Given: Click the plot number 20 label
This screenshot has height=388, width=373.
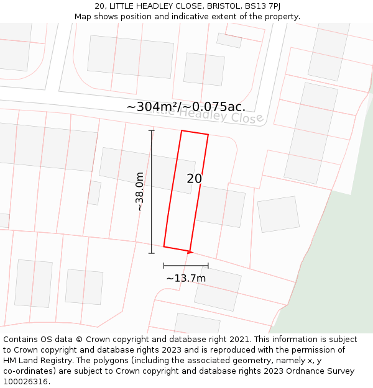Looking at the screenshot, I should [194, 179].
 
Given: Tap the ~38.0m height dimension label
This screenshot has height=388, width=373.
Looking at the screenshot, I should [140, 192].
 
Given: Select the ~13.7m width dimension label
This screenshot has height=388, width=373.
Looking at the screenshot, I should [186, 278].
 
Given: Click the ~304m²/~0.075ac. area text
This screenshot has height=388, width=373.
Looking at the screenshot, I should [186, 107].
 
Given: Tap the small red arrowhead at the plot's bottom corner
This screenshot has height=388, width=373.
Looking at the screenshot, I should [190, 251].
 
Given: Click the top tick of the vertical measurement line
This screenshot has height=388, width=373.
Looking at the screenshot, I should [152, 130].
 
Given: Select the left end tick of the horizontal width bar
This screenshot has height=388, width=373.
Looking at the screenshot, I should [164, 265].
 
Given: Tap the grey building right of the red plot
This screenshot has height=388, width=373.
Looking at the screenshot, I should [221, 207].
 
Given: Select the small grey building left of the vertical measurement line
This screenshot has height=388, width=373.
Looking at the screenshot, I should [94, 192].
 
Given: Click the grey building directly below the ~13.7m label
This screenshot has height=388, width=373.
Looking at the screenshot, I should [218, 289].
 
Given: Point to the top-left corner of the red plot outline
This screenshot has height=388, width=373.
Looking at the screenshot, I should [182, 130].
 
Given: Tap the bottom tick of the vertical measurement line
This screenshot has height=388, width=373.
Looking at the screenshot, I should [152, 253].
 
